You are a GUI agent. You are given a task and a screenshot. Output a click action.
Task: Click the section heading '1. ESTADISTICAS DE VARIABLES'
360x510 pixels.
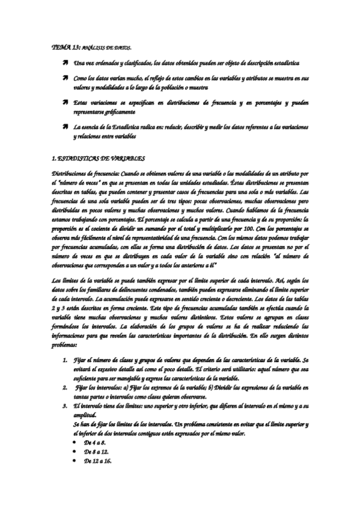click(x=99, y=158)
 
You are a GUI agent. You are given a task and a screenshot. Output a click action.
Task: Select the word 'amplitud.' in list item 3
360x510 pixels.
click(x=86, y=415)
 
